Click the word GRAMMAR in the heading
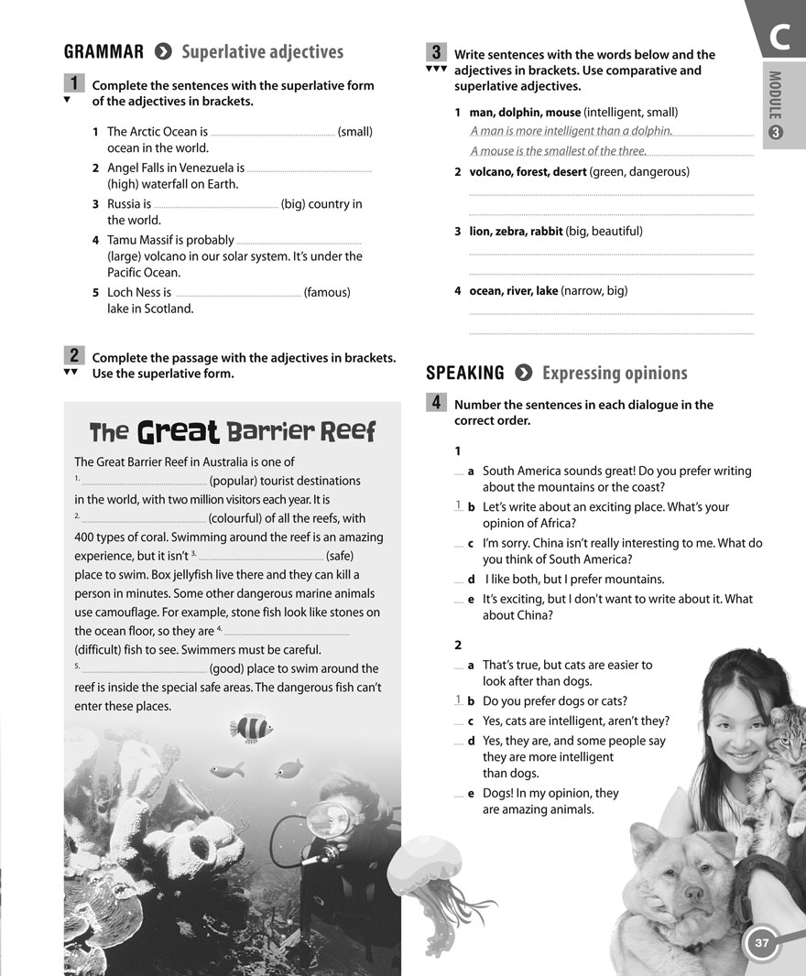[103, 52]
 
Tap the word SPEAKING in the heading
[465, 373]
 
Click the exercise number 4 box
[437, 402]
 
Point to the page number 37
[761, 942]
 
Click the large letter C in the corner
[779, 38]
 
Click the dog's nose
[693, 892]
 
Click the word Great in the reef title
[178, 431]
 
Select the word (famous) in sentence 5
[327, 292]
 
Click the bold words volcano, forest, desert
[528, 171]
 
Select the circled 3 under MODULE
[775, 135]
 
